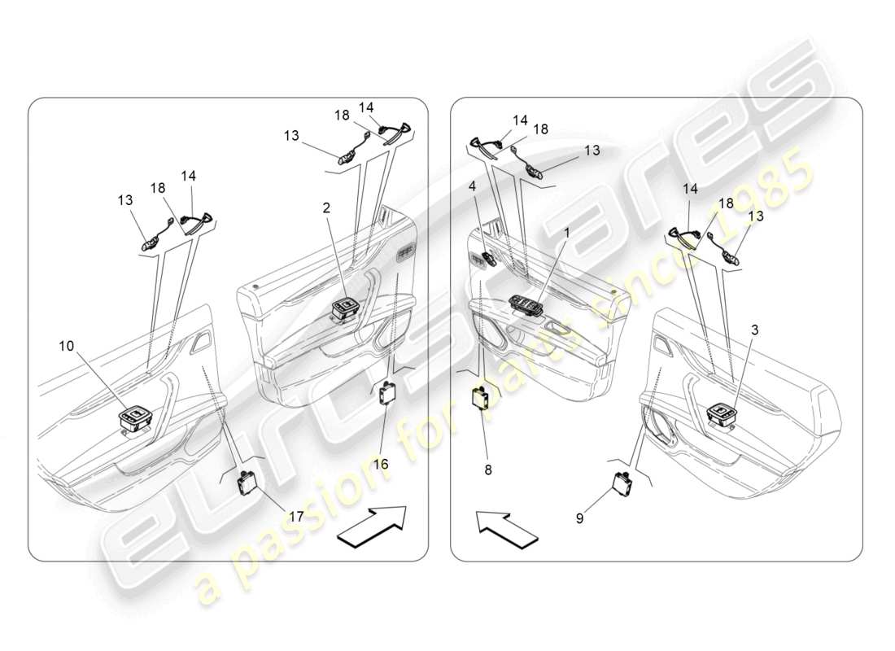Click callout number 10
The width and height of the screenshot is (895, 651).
click(66, 346)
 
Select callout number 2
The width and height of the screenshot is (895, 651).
click(326, 208)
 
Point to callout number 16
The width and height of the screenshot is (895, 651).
click(381, 464)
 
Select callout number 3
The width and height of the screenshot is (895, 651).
click(755, 330)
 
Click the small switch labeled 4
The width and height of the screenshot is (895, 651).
click(489, 260)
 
